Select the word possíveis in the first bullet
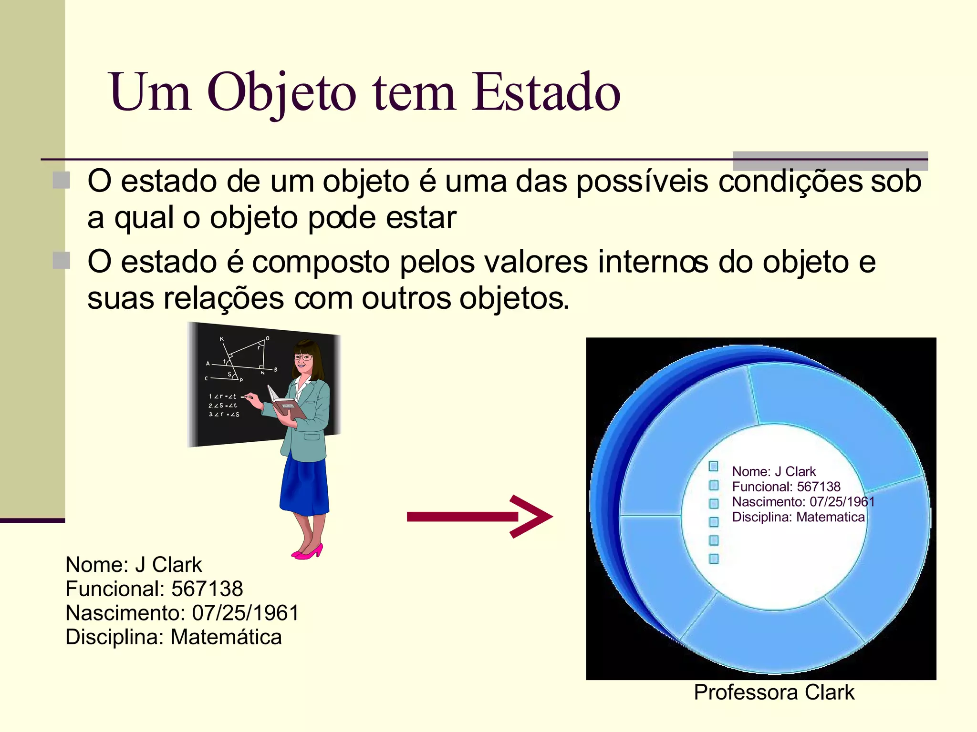coord(642,182)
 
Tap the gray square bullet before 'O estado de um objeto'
coord(61,180)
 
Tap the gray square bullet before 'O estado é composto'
coord(61,261)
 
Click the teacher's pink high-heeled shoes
coord(308,552)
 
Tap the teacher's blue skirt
coord(304,484)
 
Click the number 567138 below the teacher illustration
coord(207,589)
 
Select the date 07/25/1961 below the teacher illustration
coord(245,613)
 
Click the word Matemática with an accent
coord(226,637)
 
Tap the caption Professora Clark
coord(774,692)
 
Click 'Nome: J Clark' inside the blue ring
coord(774,471)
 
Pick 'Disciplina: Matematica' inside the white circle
coord(798,517)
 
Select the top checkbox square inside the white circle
coord(714,466)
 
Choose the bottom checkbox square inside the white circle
coord(714,558)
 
